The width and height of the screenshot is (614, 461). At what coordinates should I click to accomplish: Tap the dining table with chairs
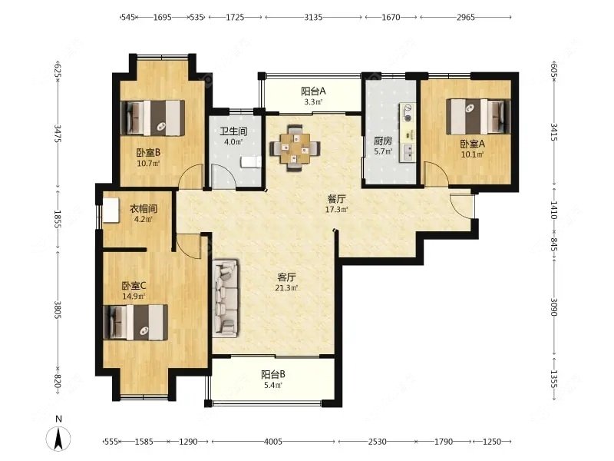click(295, 148)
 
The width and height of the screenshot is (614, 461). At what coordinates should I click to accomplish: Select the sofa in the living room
click(226, 298)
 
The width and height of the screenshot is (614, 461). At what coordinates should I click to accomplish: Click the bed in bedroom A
click(478, 117)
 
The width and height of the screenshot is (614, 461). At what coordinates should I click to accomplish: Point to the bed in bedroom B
click(153, 118)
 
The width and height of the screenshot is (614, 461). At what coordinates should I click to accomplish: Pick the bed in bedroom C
click(136, 322)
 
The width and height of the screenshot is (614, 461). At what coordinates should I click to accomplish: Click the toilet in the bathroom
click(251, 162)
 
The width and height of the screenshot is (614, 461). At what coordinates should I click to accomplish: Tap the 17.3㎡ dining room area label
click(336, 209)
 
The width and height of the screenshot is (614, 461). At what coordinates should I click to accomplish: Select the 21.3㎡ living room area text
click(286, 288)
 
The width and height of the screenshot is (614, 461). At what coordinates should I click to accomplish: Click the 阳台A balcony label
click(313, 91)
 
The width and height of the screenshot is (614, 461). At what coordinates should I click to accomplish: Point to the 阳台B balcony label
click(273, 374)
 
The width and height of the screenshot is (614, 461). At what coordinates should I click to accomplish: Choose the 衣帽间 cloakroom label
click(144, 208)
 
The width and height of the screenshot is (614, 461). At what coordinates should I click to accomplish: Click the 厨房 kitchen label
click(383, 141)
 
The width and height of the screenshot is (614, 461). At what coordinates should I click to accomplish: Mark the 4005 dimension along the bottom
click(273, 442)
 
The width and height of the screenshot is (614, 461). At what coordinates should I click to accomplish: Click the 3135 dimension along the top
click(314, 17)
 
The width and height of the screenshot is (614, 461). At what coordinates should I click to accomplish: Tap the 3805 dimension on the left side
click(57, 310)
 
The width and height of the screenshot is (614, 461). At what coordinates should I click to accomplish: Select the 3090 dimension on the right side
click(553, 307)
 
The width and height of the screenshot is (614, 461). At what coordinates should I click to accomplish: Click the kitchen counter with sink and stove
click(408, 132)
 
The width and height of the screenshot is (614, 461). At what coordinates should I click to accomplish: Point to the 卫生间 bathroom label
click(233, 131)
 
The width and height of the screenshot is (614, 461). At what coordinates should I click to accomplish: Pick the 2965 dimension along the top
click(466, 17)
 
